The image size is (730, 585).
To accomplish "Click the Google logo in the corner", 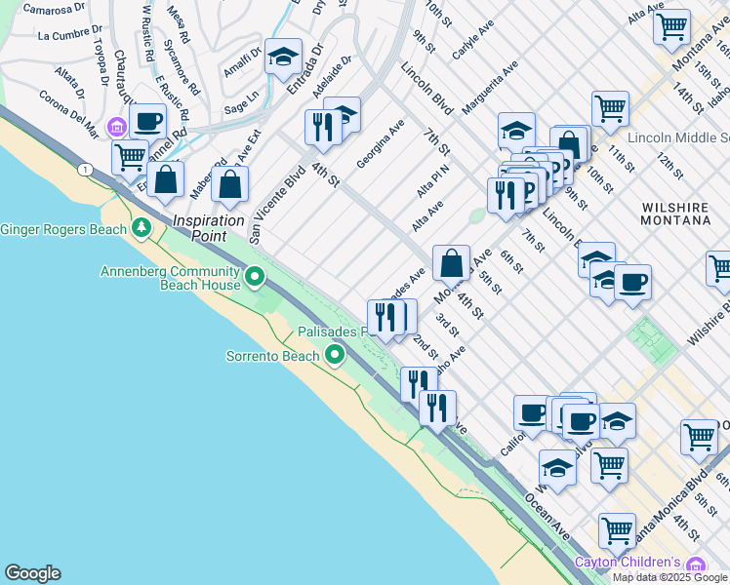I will pos(32,573).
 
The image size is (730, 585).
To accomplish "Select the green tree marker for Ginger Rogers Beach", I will pos(142,228).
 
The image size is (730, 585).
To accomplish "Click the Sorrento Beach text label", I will pos(273,356).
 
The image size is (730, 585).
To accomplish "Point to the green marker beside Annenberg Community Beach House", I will pos(256,278).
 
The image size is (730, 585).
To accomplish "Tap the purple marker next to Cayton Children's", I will pos(695,564).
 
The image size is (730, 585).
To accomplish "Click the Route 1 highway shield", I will pos(87,171).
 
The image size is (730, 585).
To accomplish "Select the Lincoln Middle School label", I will pos(678,137).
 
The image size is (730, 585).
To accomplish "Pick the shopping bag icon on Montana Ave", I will pos(451,263).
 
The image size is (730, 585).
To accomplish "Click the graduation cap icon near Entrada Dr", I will pos(283,58).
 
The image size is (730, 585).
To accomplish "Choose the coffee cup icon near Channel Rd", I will pos(147,122).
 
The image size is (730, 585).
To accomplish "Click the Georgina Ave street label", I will pos(381,143).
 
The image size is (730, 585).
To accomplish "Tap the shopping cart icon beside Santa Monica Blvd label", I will pos(617,531).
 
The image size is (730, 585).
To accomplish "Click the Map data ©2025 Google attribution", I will pos(670,577).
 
